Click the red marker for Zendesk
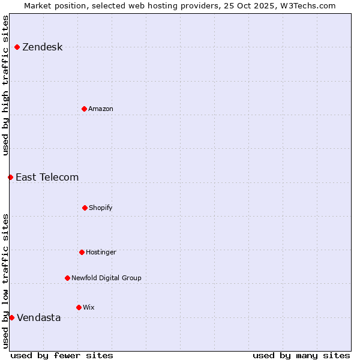[17, 47]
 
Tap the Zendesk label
[42, 47]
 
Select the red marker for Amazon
[84, 109]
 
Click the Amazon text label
[101, 109]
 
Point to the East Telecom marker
[10, 177]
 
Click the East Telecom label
[47, 177]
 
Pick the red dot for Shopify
[85, 208]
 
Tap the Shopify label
[101, 208]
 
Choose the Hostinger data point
[82, 252]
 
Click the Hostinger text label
[101, 253]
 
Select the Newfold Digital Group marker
[67, 278]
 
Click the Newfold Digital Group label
[106, 278]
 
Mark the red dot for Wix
[79, 307]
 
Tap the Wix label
[89, 308]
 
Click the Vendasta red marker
[11, 317]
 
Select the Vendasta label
[38, 318]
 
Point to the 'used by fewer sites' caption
[62, 355]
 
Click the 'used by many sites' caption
[301, 355]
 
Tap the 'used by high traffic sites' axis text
[5, 85]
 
